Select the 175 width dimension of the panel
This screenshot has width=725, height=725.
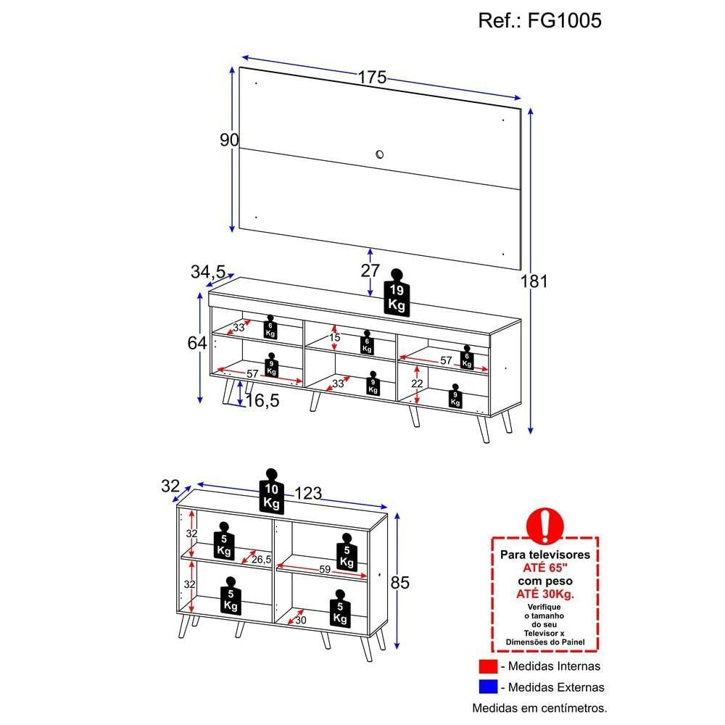372,78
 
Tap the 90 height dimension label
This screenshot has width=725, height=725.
229,141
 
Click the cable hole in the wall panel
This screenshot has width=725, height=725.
380,153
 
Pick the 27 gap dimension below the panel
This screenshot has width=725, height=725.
370,270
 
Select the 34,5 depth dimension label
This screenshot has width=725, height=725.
209,272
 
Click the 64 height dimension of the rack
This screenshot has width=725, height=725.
197,343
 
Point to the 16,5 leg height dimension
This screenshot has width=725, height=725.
261,401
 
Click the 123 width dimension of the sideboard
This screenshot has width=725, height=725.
308,494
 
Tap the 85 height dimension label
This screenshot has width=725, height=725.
400,582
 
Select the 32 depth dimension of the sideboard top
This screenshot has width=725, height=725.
170,486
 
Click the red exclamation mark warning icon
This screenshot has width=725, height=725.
545,524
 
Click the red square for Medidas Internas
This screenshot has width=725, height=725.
486,666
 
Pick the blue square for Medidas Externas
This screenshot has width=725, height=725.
486,687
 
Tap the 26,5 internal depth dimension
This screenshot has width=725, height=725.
261,559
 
